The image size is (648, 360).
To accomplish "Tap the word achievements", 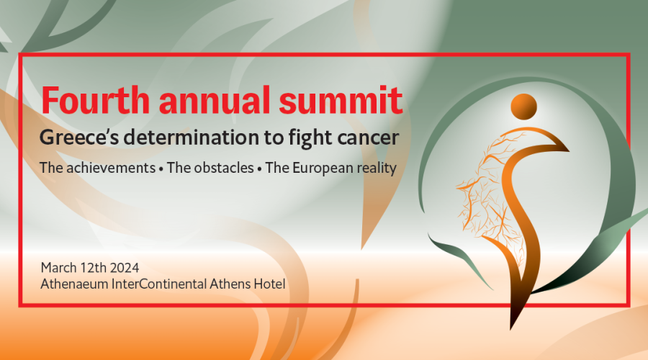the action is pos(111,168).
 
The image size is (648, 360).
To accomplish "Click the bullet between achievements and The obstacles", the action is pos(161,169).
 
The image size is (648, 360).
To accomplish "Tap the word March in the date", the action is pos(59,268).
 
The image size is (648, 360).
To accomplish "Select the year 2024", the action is pos(125,268).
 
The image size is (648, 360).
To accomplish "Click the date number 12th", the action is pos(94,268).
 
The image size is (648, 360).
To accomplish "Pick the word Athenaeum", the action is pos(74,284).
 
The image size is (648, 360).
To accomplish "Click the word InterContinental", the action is pos(159,284).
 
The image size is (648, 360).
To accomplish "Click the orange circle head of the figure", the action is pos(523,107).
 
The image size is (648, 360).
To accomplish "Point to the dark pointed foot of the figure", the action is pos(513,322).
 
